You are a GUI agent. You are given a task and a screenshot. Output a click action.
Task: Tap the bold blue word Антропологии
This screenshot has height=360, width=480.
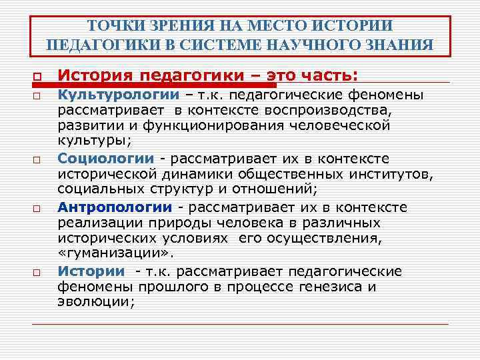coord(115,207)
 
